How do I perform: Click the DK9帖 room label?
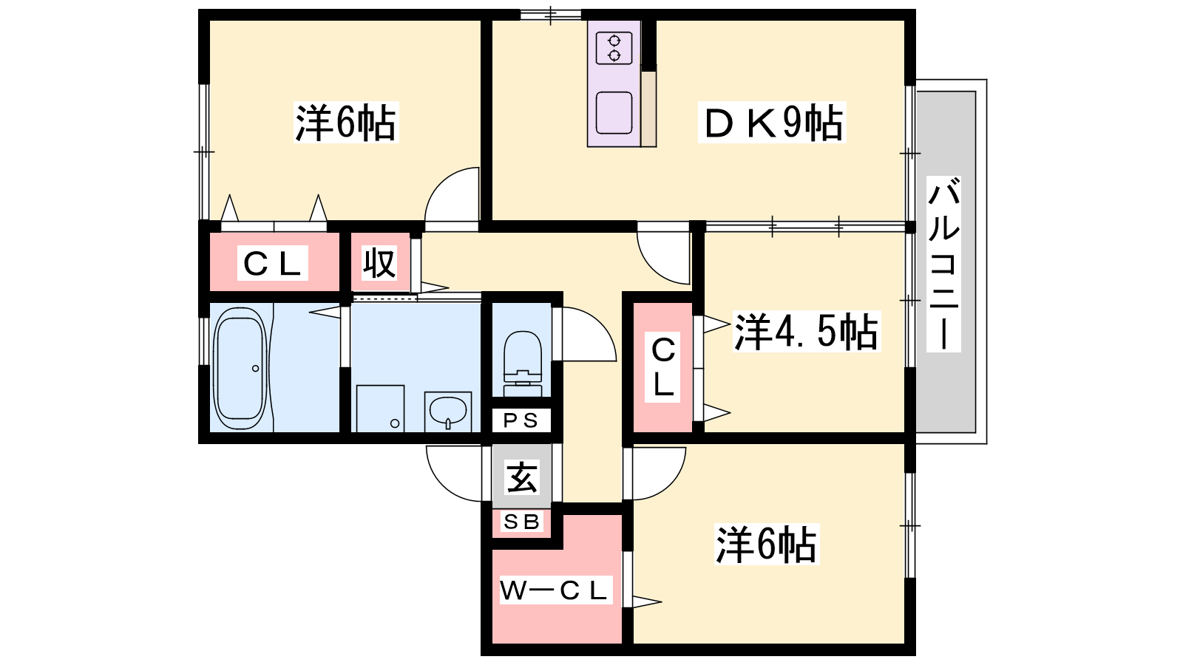point(772,123)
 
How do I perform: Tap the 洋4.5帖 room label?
point(806,332)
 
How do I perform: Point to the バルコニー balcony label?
point(943,265)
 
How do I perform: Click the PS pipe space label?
point(521,420)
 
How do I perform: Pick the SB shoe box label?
point(521,522)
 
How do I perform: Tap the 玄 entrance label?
point(522,477)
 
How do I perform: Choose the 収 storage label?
point(379,262)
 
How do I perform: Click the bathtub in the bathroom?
point(240,369)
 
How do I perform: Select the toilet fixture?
point(523,364)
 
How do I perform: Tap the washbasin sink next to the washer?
point(448,411)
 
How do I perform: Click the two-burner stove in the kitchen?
point(614,48)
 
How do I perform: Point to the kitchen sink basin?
point(614,112)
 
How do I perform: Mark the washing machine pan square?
point(380,409)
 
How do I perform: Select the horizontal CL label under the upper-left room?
point(273,263)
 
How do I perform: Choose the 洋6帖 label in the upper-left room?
point(345,123)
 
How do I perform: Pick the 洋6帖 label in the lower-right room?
point(766,544)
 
